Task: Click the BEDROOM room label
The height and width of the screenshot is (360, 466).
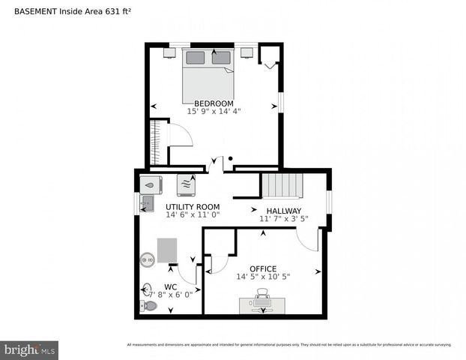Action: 214,103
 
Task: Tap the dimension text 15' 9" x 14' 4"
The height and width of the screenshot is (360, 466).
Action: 214,112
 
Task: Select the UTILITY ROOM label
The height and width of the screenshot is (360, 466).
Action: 193,207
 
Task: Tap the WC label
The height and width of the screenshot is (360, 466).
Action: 170,286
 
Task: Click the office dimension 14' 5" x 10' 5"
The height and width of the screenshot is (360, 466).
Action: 263,277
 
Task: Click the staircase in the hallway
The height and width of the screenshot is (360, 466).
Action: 282,185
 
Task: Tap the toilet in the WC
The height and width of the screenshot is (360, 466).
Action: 150,306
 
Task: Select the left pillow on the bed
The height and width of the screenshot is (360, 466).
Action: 196,58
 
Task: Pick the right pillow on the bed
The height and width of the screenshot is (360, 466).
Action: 221,58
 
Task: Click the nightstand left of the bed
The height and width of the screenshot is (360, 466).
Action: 170,52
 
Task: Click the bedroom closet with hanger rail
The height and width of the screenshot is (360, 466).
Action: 157,142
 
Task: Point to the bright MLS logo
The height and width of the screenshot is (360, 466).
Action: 30,349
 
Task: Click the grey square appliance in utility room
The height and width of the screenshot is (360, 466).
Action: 168,250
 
